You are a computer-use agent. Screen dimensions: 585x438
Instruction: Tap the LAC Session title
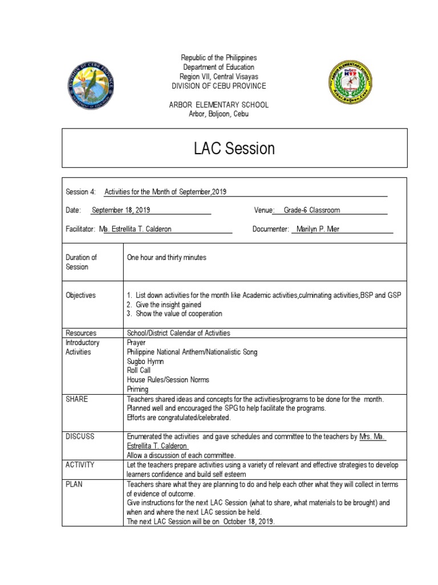click(x=234, y=149)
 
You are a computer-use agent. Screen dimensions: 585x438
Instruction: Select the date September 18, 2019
click(x=121, y=210)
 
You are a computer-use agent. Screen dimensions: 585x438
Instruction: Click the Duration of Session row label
click(x=82, y=262)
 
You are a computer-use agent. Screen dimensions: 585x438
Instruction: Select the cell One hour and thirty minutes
click(x=167, y=258)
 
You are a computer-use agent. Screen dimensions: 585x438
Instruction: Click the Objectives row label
click(x=81, y=295)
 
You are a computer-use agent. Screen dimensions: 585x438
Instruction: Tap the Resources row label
click(x=81, y=333)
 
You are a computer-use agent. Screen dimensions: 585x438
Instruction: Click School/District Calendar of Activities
click(x=179, y=333)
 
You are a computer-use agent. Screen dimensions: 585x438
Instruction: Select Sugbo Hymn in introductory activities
click(x=145, y=362)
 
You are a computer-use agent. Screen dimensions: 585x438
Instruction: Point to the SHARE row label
click(x=77, y=399)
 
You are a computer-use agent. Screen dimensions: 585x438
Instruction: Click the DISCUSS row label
click(x=80, y=436)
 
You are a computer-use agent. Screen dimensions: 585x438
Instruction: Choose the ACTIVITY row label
click(x=80, y=465)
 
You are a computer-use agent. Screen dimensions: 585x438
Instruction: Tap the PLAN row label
click(x=75, y=484)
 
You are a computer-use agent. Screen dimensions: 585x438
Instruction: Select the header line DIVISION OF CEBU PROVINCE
click(x=219, y=86)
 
